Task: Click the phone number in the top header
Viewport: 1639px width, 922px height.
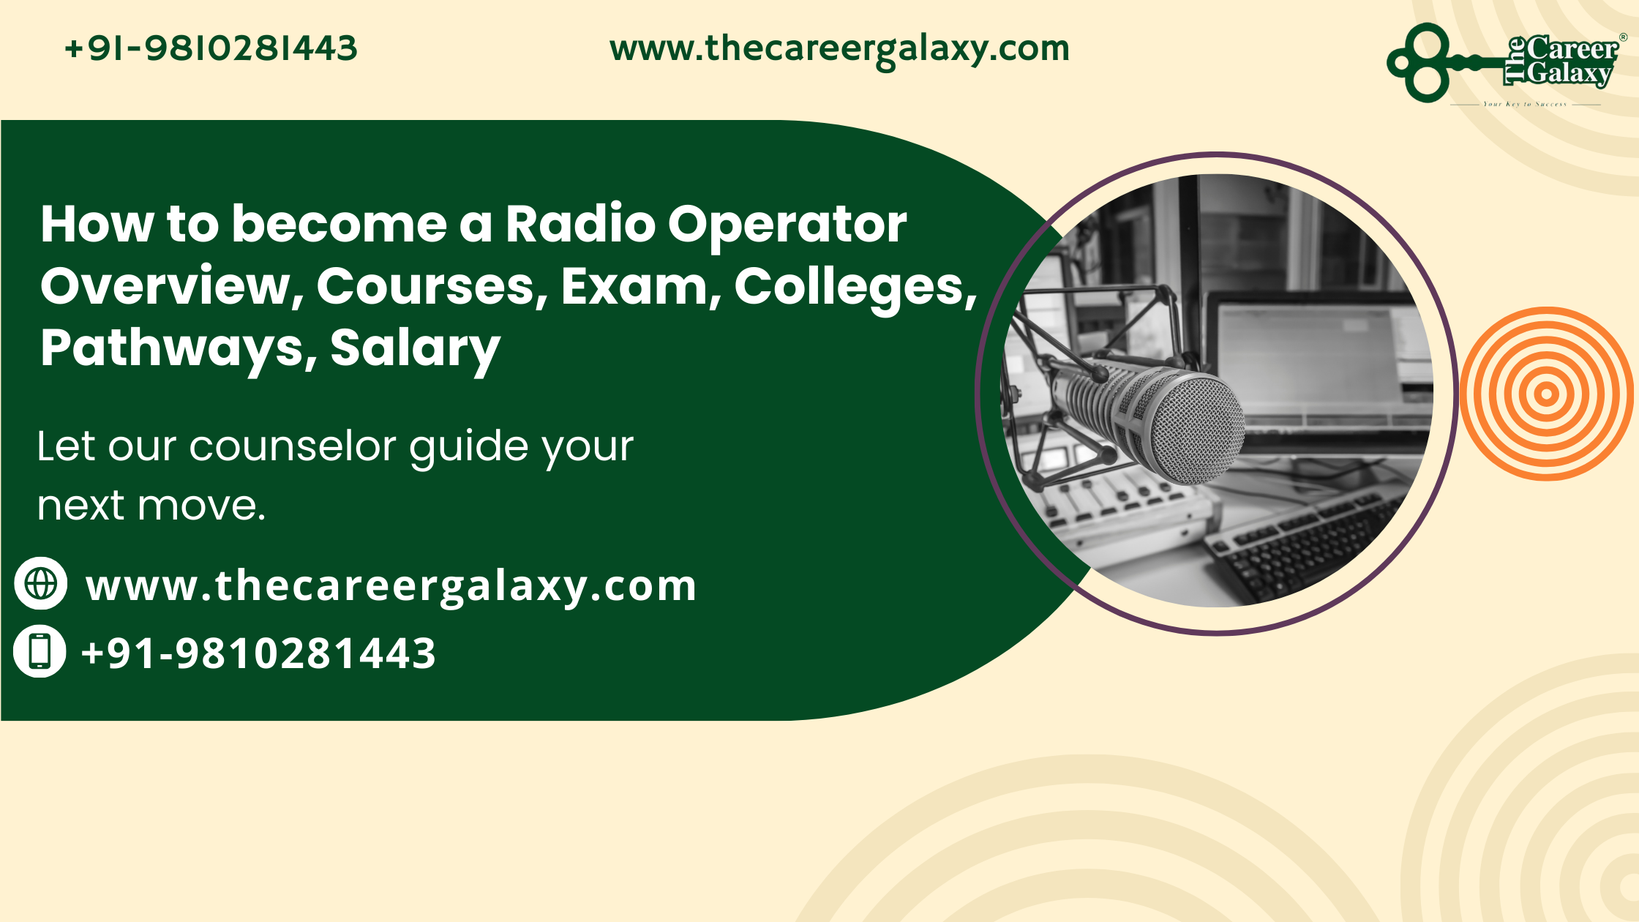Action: point(211,49)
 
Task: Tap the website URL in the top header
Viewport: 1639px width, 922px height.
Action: point(839,49)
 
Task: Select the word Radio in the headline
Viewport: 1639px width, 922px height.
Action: point(580,224)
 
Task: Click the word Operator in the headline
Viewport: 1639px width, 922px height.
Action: point(787,225)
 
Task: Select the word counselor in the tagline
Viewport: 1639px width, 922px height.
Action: point(293,446)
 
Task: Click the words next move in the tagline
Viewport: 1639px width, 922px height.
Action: point(151,506)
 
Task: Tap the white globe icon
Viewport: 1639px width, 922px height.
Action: point(41,583)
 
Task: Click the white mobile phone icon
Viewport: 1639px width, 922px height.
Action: point(40,651)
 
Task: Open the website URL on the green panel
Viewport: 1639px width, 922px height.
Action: point(391,586)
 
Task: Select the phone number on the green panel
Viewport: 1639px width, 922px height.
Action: point(258,653)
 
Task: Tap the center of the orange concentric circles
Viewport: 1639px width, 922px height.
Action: point(1546,394)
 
